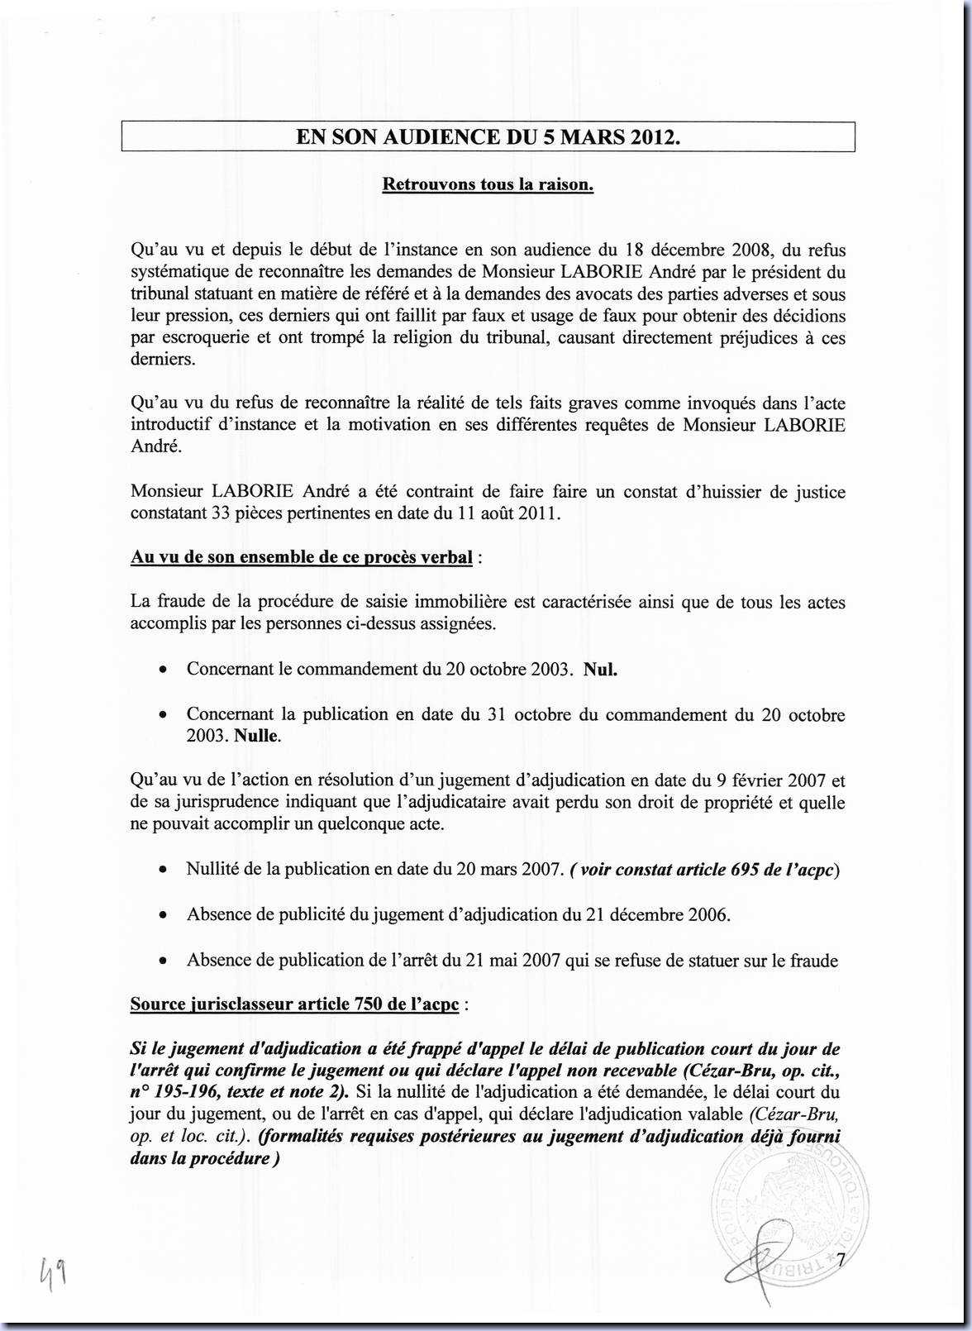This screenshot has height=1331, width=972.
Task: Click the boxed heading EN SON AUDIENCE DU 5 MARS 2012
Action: click(x=488, y=137)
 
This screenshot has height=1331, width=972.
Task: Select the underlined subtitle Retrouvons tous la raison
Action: click(x=488, y=184)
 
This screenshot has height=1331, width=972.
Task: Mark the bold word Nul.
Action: click(x=601, y=670)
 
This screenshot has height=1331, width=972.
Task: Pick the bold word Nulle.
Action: click(x=258, y=736)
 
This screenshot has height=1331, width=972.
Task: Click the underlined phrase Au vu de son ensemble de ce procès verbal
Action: click(x=302, y=557)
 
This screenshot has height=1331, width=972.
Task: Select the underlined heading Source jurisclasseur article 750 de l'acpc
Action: click(x=294, y=1004)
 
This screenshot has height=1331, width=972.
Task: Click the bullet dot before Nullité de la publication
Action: click(x=166, y=870)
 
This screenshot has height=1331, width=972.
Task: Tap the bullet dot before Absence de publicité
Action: click(x=166, y=915)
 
